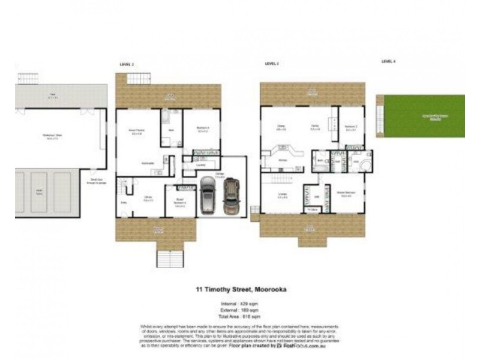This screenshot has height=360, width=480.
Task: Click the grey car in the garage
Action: [x=208, y=197]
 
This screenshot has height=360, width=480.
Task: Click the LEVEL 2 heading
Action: [x=127, y=64]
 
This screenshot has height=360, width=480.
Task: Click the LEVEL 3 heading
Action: [x=272, y=64]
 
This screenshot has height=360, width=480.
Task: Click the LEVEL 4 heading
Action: [x=389, y=61]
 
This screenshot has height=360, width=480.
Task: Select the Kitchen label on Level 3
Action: [x=282, y=160]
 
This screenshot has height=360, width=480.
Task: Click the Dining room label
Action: [x=280, y=126]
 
